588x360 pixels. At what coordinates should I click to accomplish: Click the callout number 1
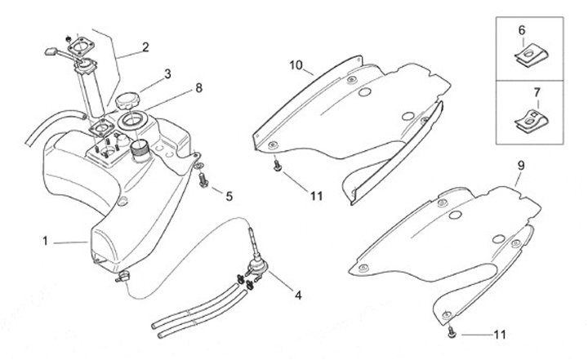[47, 241]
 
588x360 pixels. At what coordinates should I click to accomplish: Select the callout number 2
[145, 47]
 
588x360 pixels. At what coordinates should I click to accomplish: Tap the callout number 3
[167, 73]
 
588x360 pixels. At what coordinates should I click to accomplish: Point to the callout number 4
[297, 294]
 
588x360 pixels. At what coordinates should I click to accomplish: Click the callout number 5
[229, 196]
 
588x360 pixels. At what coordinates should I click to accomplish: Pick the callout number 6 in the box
[522, 30]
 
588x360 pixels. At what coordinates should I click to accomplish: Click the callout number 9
[522, 165]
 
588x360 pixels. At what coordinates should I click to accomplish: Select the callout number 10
[296, 64]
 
